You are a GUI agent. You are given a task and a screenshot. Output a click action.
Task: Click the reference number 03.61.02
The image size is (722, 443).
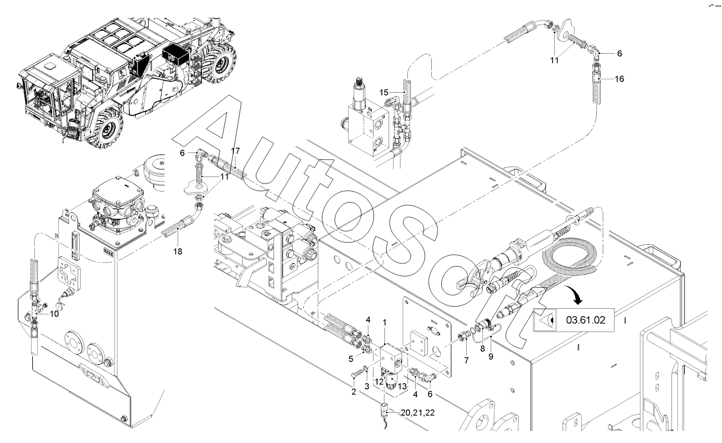(586, 320)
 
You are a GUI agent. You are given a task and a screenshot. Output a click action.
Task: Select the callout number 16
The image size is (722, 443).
(619, 79)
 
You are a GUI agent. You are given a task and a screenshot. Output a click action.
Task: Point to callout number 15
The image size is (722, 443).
(383, 93)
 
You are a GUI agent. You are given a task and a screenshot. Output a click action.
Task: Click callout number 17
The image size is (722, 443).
(235, 151)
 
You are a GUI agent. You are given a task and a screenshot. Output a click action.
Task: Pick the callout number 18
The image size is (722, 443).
(178, 251)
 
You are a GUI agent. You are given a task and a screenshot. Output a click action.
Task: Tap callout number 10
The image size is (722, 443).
(54, 313)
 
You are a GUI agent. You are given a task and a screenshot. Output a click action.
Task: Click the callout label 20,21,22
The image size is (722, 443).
(417, 412)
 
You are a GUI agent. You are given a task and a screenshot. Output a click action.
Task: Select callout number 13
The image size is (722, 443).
(403, 386)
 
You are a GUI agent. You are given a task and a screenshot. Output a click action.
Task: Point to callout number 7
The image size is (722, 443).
(466, 361)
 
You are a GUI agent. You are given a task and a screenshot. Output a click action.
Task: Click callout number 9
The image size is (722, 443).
(491, 357)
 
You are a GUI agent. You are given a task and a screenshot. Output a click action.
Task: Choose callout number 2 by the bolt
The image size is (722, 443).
(354, 392)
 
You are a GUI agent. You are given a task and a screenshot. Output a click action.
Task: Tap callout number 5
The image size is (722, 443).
(351, 359)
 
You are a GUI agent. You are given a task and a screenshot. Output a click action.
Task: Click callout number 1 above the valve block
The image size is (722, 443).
(384, 323)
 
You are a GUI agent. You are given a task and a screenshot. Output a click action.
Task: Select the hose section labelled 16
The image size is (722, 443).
(595, 84)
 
